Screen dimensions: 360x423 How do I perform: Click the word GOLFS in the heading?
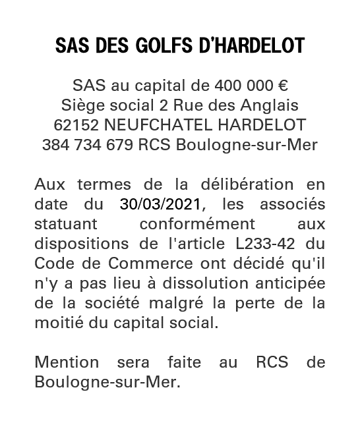pos(163,46)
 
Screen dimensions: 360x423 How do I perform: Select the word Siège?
pos(81,105)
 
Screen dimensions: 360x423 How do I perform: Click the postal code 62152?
pos(75,125)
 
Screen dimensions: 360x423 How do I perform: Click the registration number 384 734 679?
pos(88,144)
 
